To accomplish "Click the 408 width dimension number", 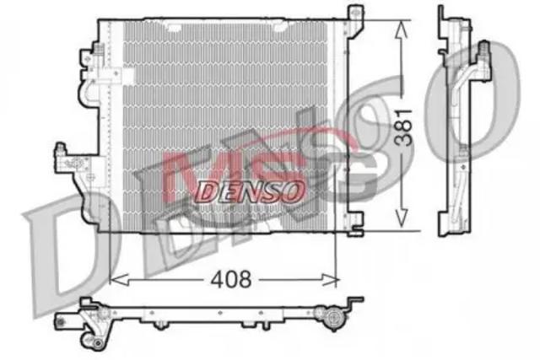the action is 231,279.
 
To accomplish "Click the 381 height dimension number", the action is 403,127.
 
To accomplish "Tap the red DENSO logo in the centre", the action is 251,191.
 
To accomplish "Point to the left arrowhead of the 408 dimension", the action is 118,280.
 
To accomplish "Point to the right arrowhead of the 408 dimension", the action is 330,280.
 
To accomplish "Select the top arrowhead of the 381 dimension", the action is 402,30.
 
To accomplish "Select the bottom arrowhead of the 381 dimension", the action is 402,218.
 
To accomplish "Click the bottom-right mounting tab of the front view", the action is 355,224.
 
